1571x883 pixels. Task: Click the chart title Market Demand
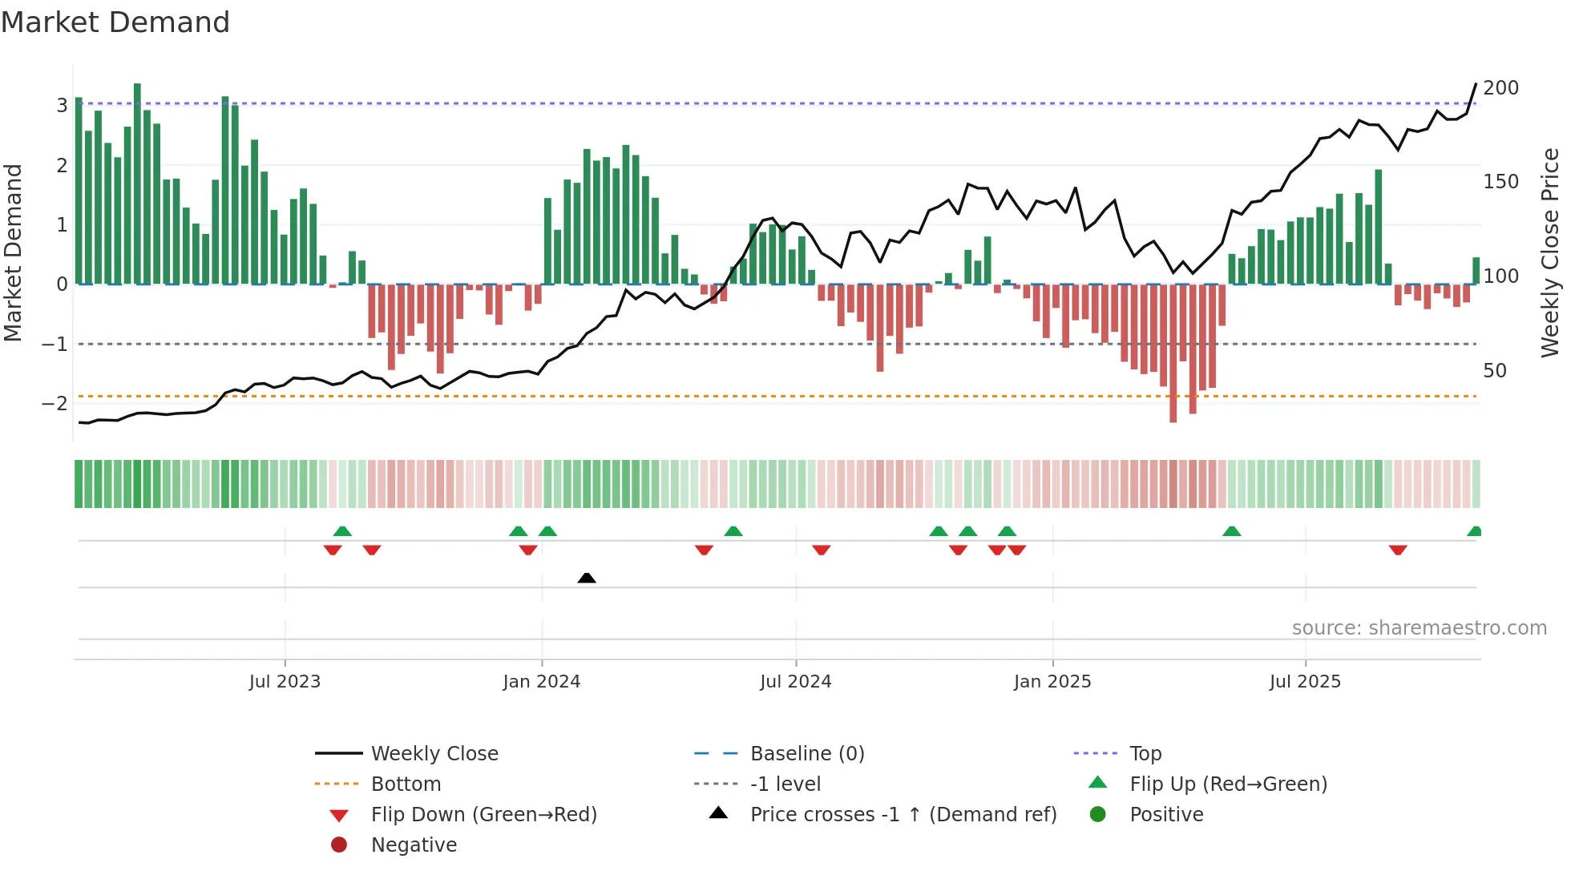115,22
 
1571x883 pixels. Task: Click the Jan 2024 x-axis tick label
541,682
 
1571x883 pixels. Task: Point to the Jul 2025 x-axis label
1305,682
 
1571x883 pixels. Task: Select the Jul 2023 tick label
285,682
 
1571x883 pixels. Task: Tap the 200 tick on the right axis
1500,88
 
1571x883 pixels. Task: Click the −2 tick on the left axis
55,403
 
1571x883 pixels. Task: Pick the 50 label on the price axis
1494,371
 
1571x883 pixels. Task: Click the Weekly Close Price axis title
1550,252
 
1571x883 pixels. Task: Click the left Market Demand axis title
13,252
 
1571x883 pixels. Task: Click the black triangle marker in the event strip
587,578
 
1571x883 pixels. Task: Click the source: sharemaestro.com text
1419,628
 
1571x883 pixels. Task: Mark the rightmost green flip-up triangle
1474,531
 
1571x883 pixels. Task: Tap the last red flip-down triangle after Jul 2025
1398,550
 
